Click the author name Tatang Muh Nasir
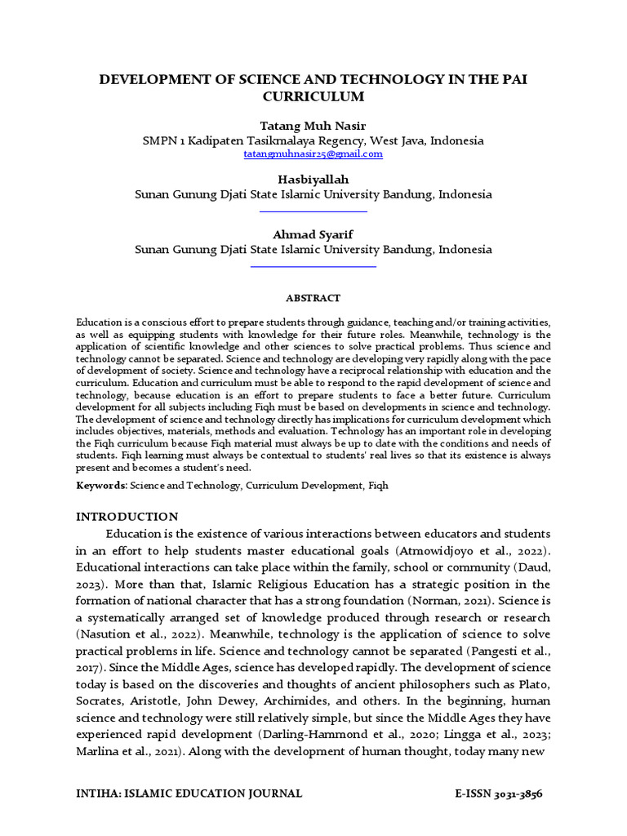click(x=313, y=125)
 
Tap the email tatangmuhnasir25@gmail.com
click(x=313, y=153)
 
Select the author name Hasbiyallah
click(x=313, y=179)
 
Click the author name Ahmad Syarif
click(x=313, y=234)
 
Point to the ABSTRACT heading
click(x=313, y=299)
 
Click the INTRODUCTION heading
click(x=127, y=516)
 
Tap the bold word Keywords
click(x=101, y=486)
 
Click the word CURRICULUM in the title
click(x=313, y=96)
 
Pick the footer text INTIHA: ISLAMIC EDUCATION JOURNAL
click(x=189, y=794)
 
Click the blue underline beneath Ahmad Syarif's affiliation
click(x=313, y=266)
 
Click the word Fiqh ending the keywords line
click(x=379, y=486)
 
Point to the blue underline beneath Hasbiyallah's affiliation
click(x=313, y=211)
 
